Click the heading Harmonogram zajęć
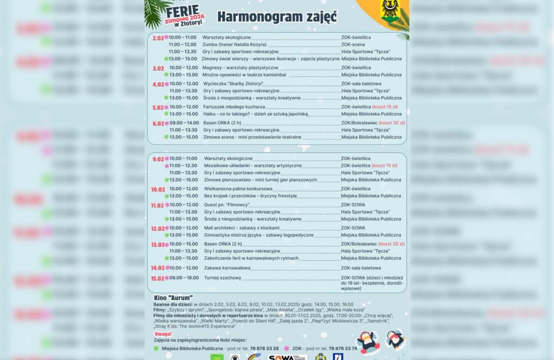pyautogui.click(x=277, y=17)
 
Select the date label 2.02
pyautogui.click(x=158, y=38)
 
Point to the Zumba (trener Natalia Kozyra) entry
pyautogui.click(x=234, y=44)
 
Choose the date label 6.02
pyautogui.click(x=158, y=123)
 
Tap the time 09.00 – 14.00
pyautogui.click(x=184, y=123)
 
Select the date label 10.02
pyautogui.click(x=158, y=189)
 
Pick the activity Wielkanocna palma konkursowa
pyautogui.click(x=238, y=189)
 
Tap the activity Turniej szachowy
pyautogui.click(x=223, y=278)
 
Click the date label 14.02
pyautogui.click(x=158, y=268)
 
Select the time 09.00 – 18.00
pyautogui.click(x=184, y=278)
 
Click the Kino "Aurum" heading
pyautogui.click(x=173, y=298)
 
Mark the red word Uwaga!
pyautogui.click(x=163, y=333)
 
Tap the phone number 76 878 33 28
pyautogui.click(x=265, y=348)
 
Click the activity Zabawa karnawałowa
pyautogui.click(x=227, y=268)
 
